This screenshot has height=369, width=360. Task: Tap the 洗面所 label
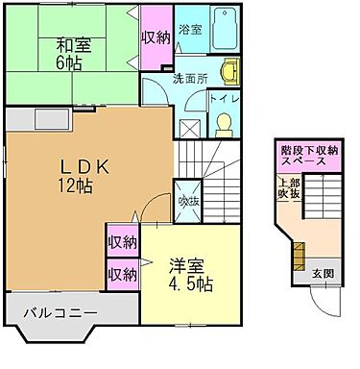[190, 78]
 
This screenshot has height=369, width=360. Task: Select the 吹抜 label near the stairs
[190, 201]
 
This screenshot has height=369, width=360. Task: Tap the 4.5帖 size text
[188, 285]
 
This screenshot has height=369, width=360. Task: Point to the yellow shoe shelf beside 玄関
[297, 257]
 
